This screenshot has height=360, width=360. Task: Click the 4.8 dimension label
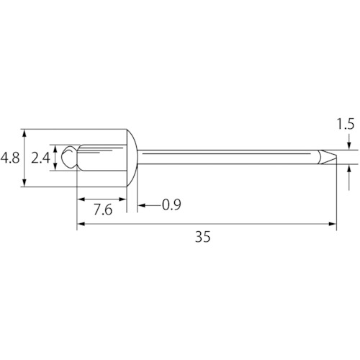coord(10,158)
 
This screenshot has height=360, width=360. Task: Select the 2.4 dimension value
coord(40,158)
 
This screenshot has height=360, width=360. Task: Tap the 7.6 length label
coord(103,210)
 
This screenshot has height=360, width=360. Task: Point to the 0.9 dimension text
coord(171,205)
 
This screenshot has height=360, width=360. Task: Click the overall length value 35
coord(203,237)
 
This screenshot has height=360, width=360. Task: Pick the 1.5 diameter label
coord(346,125)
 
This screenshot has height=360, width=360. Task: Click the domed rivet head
coord(132,158)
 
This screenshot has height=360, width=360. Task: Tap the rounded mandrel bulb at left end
coord(69,157)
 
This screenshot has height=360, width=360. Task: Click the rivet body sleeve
coord(103,158)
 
